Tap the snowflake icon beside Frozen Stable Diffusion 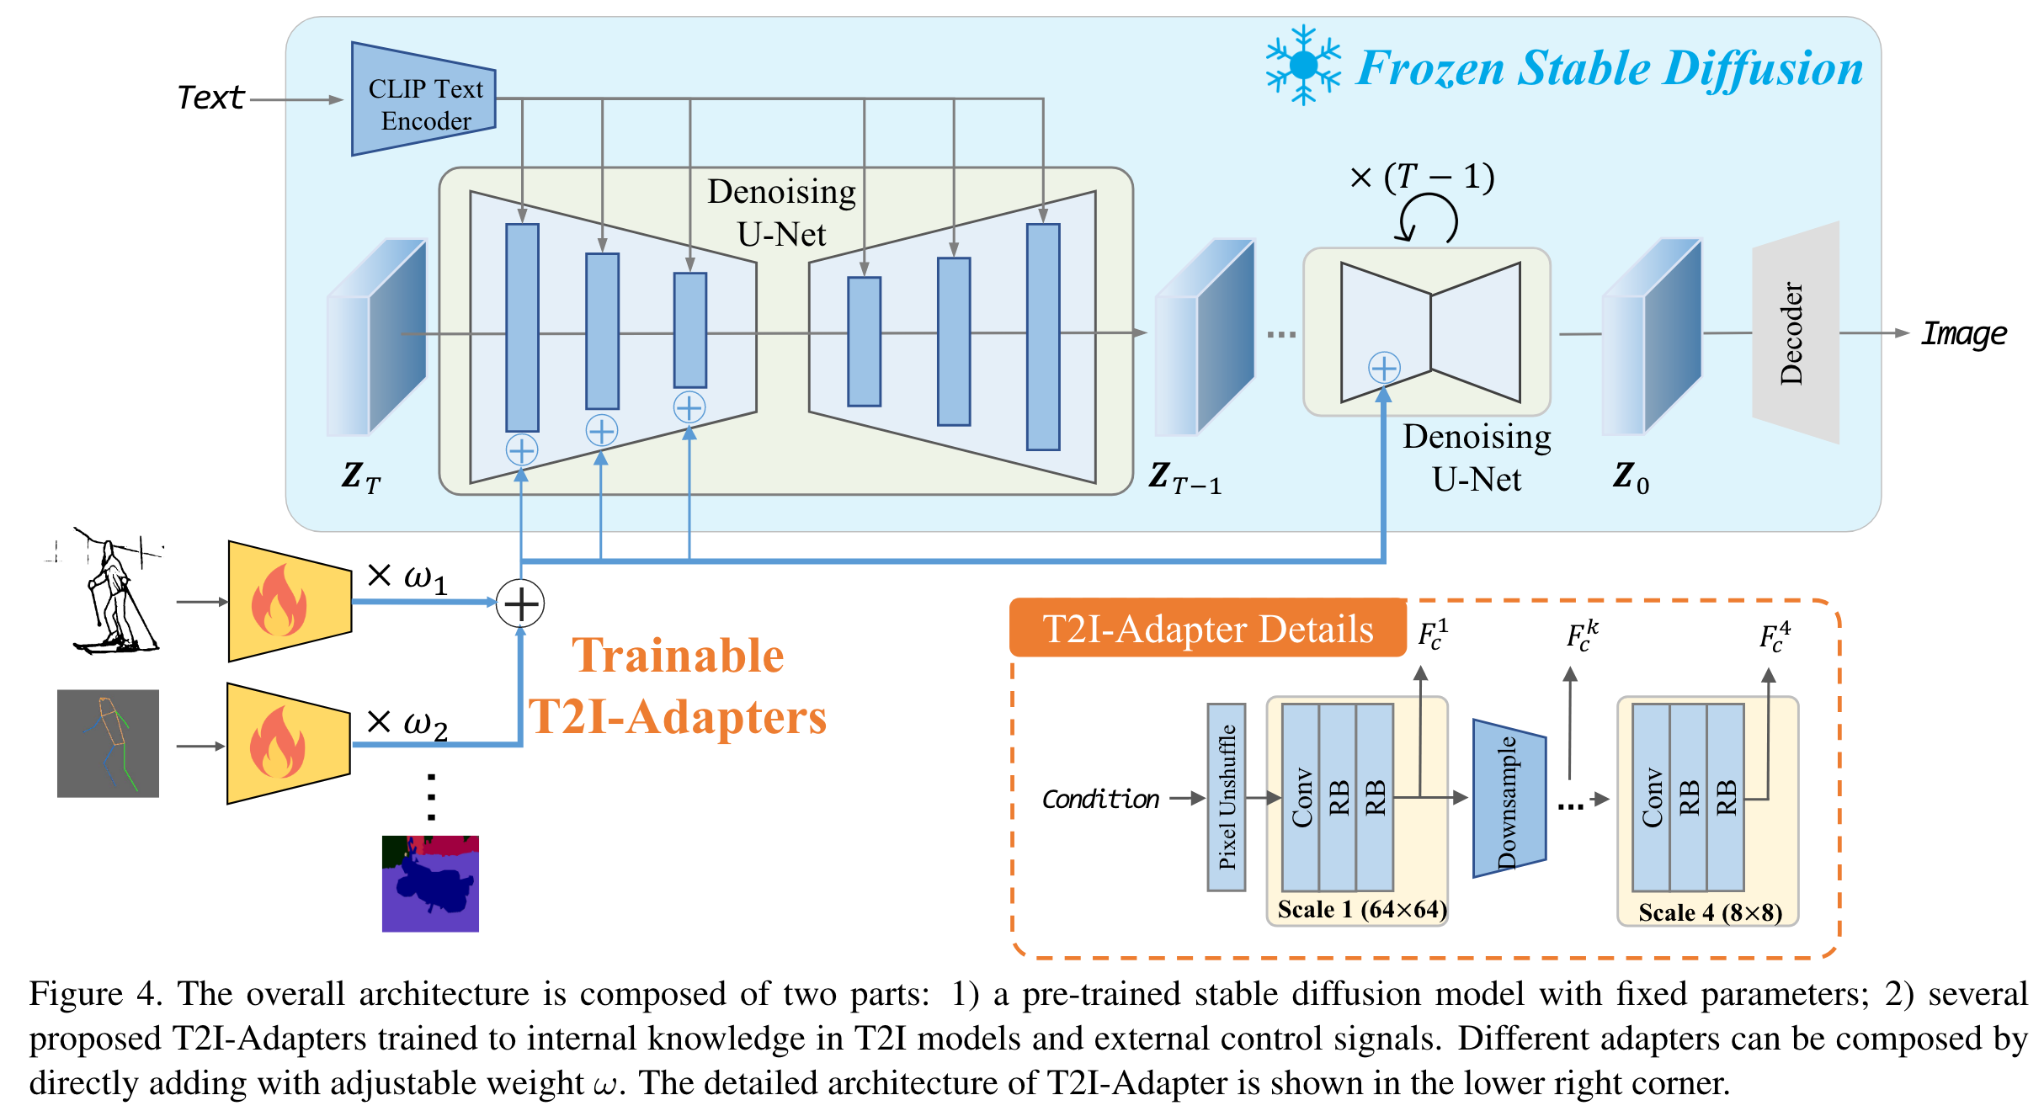(1302, 65)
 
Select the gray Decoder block (1795, 332)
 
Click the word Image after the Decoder (1963, 334)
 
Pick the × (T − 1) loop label (1422, 178)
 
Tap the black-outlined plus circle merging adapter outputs (520, 603)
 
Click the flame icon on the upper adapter (279, 601)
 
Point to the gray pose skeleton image (108, 743)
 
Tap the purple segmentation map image (430, 883)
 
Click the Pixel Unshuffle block (1226, 796)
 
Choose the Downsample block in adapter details (1508, 798)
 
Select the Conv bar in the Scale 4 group (1651, 796)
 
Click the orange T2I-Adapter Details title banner (1207, 629)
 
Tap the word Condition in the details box (1100, 799)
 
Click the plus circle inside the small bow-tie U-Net (1384, 368)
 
